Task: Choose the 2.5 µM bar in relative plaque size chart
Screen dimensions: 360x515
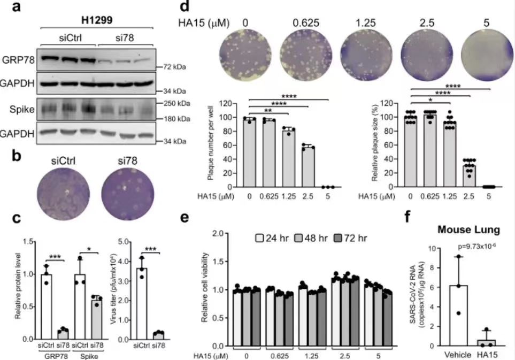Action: tap(469, 177)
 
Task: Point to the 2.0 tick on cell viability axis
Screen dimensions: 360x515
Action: tap(217, 234)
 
